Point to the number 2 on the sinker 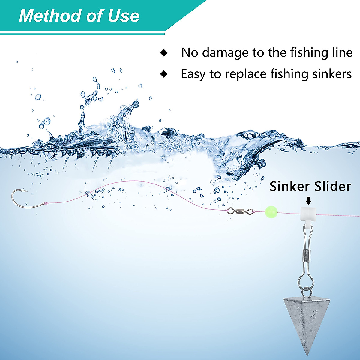coord(314,315)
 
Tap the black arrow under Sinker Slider coord(308,201)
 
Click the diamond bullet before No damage coord(164,53)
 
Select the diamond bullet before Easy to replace coord(164,74)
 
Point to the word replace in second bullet coord(246,74)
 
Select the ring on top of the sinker coord(306,291)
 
